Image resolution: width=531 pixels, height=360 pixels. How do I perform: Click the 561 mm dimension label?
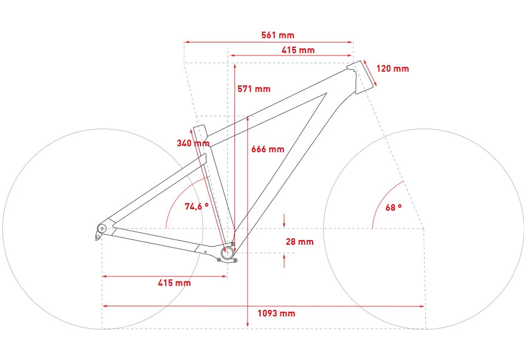(x=277, y=35)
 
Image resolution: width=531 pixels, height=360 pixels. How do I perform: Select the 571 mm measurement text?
(x=254, y=89)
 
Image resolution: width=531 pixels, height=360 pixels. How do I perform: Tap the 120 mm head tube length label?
(x=393, y=69)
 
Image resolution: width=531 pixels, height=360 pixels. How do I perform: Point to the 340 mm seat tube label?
(x=193, y=143)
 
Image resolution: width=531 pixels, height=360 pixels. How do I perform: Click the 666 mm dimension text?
(x=267, y=149)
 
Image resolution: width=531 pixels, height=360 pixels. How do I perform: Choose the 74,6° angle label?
(x=197, y=206)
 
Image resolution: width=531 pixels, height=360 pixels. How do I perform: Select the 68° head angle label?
(x=394, y=207)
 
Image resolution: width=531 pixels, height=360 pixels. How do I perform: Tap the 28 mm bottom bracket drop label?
(x=300, y=242)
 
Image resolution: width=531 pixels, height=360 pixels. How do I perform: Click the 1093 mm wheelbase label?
(x=276, y=313)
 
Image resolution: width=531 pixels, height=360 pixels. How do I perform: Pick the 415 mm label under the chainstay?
(x=174, y=283)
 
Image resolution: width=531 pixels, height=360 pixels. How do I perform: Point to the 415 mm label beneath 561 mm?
(x=298, y=50)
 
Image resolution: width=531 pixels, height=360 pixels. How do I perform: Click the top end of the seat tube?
(x=199, y=127)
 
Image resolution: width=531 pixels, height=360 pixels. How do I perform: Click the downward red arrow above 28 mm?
(x=284, y=221)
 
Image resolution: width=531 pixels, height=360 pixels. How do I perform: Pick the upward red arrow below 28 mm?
(x=284, y=261)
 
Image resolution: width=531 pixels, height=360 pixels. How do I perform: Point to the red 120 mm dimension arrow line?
(x=370, y=73)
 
